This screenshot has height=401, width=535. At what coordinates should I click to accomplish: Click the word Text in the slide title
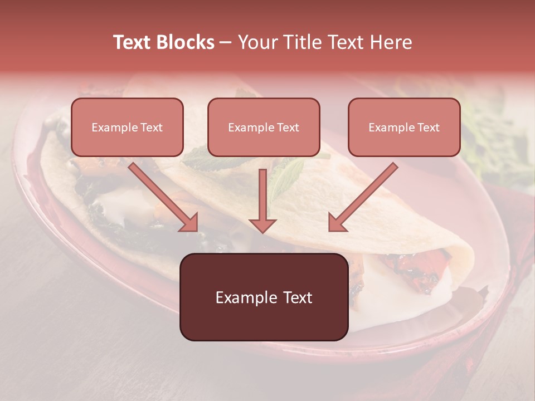tap(132, 42)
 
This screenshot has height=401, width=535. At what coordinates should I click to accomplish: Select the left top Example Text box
tap(127, 128)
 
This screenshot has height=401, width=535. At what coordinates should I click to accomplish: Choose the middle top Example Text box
tap(264, 128)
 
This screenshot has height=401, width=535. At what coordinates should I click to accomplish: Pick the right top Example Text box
tap(404, 128)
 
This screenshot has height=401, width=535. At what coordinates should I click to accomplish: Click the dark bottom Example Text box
tap(264, 297)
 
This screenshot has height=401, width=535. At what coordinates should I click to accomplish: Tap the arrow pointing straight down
tap(262, 200)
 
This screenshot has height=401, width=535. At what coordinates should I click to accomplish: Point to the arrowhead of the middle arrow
tap(262, 224)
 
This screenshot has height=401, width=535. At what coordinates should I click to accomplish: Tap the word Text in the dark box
tap(298, 297)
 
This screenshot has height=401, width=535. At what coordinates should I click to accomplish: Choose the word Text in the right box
tap(428, 128)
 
